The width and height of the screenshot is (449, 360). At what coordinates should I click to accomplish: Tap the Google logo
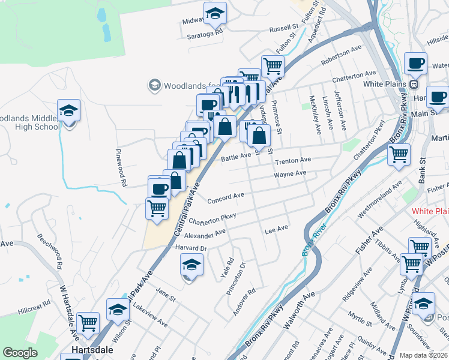[x=20, y=353]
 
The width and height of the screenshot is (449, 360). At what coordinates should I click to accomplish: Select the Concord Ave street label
[x=226, y=197]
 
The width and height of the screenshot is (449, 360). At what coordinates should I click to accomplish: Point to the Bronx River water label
[x=309, y=244]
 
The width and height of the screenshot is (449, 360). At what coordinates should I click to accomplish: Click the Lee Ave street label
[x=276, y=229]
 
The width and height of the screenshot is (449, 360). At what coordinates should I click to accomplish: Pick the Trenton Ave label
[x=293, y=161]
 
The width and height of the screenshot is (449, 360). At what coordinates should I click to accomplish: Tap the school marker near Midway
[x=215, y=13]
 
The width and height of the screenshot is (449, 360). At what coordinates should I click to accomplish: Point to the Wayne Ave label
[x=290, y=174]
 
